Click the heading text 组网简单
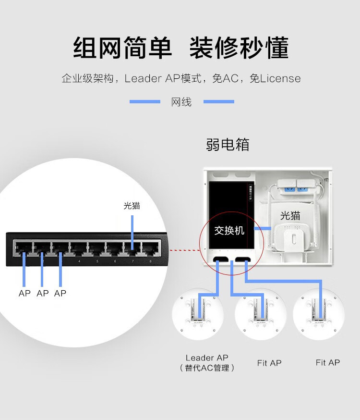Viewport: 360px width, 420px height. pos(122,49)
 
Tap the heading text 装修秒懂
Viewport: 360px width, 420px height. pos(239,49)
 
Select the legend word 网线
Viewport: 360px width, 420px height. pos(181,102)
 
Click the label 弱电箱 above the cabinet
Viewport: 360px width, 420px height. pos(228,144)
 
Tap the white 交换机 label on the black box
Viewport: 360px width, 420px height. pos(229,231)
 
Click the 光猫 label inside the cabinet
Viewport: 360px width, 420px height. pos(290,216)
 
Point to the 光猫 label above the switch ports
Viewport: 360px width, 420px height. pos(132,206)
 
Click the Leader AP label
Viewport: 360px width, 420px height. pos(207,358)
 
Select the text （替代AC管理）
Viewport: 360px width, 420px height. pos(207,368)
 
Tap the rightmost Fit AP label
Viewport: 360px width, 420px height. pos(328,362)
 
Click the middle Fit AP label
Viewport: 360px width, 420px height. pos(269,363)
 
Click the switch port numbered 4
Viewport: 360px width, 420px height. pos(78,249)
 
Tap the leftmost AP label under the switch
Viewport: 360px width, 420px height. pos(24,293)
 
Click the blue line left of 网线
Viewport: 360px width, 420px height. pos(144,102)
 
